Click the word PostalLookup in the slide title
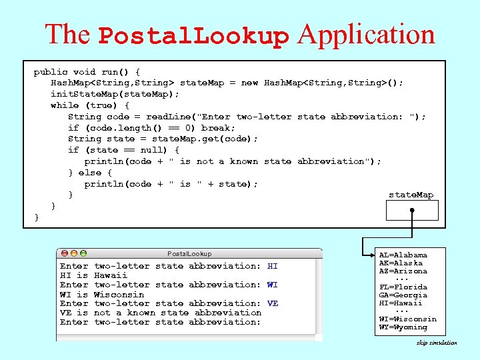point(194,35)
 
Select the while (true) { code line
point(90,105)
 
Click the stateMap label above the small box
point(411,195)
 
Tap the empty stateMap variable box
point(412,210)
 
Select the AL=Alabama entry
point(403,255)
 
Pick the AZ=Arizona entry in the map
point(403,271)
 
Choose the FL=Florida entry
point(403,287)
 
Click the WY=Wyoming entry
point(403,327)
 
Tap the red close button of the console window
point(64,253)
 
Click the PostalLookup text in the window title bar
point(189,254)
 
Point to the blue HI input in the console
point(272,266)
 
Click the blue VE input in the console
point(272,303)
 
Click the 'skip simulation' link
point(437,343)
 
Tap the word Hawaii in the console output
point(110,275)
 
